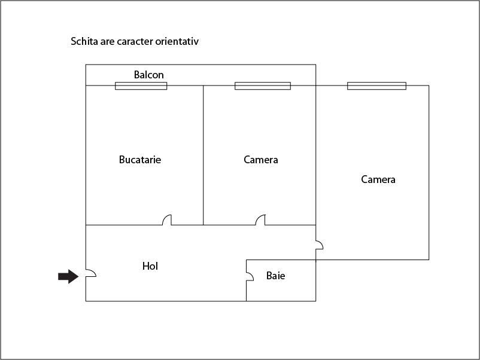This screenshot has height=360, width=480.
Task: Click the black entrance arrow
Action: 68,276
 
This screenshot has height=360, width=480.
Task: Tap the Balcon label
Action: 149,75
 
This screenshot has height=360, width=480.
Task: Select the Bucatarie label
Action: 140,159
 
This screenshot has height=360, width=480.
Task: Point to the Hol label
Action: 150,266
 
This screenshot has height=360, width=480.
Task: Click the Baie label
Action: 275,276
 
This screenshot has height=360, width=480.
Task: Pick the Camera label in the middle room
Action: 261,160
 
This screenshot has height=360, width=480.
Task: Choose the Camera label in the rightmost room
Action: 378,179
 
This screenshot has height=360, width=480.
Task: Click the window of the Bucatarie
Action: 141,86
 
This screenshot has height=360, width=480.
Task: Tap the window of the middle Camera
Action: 263,86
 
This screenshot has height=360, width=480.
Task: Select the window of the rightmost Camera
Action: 377,86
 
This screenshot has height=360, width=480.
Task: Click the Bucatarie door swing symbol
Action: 167,220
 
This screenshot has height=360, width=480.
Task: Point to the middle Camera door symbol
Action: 260,220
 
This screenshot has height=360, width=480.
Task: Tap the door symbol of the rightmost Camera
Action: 319,245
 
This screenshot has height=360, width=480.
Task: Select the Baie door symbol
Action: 250,276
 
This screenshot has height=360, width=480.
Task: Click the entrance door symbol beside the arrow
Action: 91,273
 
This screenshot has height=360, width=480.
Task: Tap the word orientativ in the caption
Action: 177,41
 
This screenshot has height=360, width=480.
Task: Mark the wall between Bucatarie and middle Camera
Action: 203,155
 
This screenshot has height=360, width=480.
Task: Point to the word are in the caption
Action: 107,42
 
